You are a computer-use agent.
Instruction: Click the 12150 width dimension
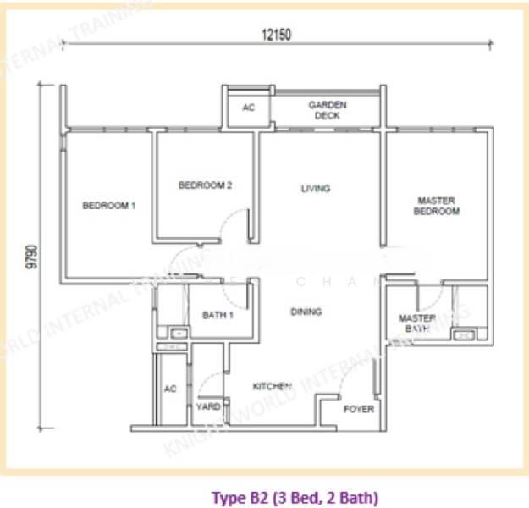pos(276,35)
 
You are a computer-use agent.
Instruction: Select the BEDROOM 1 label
pos(109,205)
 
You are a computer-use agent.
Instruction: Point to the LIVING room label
pos(315,188)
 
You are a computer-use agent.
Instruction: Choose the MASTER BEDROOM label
pos(436,206)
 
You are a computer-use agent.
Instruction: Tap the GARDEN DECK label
pos(326,109)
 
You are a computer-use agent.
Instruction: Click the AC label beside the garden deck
pos(248,108)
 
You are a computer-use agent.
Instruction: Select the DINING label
pos(306,312)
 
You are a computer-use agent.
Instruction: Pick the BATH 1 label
pos(217,316)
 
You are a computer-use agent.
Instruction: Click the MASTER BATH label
pos(416,323)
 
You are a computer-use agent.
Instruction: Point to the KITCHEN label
pos(272,386)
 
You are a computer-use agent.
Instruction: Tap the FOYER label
pos(358,409)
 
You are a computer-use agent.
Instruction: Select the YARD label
pos(208,406)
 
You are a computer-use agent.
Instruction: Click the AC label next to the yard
pos(169,389)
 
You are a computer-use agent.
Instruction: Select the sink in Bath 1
pos(178,334)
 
